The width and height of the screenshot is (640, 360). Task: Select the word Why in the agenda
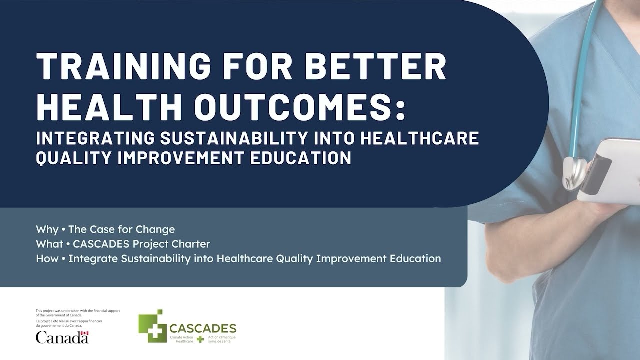(x=47, y=229)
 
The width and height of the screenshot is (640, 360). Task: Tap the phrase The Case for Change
(x=122, y=229)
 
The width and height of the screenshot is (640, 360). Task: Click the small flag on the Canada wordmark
(x=85, y=333)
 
